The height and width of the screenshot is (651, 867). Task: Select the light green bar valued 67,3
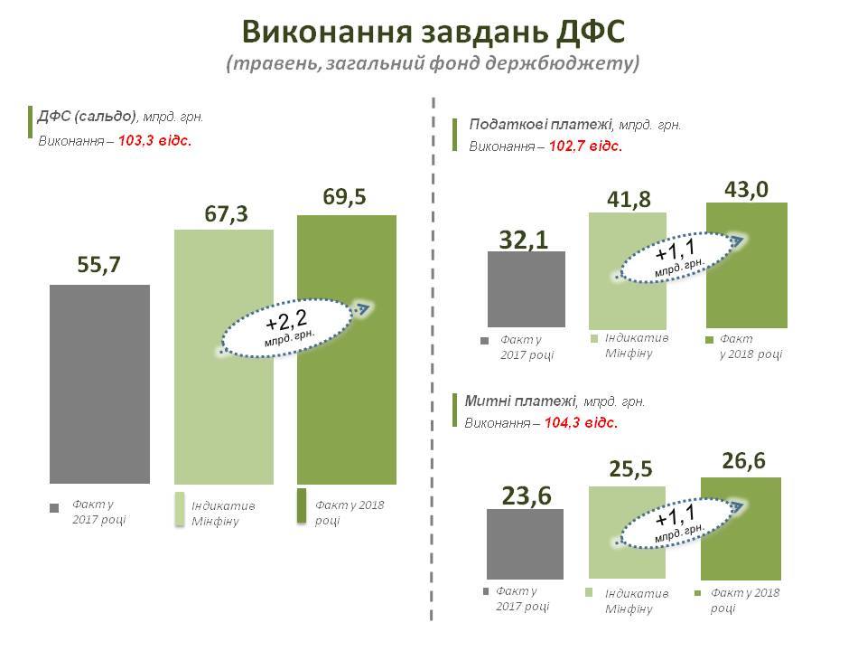tap(223, 416)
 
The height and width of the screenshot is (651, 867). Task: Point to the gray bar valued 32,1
tap(526, 289)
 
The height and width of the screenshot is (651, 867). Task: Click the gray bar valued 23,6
tap(526, 542)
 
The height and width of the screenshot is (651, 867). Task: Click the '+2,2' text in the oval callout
tap(286, 321)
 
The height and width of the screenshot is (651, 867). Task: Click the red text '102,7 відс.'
tap(584, 146)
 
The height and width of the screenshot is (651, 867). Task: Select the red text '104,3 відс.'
tap(582, 422)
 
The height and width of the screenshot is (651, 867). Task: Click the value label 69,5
tap(344, 196)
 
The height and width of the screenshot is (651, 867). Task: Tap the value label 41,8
tap(626, 197)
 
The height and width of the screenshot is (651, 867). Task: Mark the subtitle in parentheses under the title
tap(433, 64)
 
